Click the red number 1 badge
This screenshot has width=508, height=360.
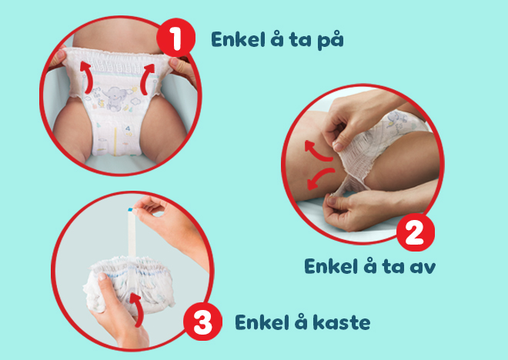[176, 38]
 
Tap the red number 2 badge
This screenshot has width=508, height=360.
[416, 232]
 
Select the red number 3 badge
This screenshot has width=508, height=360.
[202, 322]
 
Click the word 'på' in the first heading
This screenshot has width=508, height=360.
[330, 40]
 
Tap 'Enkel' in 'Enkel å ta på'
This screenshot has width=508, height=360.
[238, 39]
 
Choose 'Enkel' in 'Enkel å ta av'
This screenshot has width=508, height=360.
[332, 266]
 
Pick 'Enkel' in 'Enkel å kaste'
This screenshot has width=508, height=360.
[262, 322]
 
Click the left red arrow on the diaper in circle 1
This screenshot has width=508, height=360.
[86, 77]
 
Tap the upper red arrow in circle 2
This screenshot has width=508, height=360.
[317, 152]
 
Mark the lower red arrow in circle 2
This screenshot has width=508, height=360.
[319, 178]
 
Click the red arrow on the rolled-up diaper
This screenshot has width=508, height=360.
[137, 310]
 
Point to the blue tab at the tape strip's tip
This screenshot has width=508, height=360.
[130, 209]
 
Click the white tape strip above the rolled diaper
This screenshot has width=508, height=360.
[132, 234]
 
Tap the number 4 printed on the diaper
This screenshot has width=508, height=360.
[127, 129]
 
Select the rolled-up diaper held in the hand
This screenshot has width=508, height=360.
[129, 285]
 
